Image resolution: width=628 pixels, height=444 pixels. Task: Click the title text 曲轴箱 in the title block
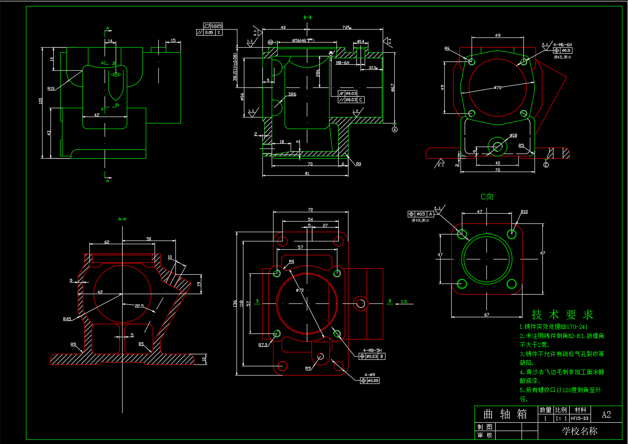(505, 414)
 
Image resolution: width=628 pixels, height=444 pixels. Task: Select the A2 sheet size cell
(606, 414)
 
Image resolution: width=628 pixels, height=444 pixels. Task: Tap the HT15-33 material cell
(579, 419)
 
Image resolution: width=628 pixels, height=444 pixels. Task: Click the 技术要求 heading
(562, 315)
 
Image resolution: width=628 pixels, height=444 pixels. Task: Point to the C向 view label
(487, 197)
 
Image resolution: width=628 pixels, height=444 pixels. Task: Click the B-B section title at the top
(307, 18)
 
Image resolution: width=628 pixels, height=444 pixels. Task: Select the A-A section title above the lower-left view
(122, 219)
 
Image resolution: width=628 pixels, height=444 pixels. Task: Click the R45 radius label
(67, 319)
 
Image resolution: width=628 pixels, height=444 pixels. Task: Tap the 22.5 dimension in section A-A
(139, 306)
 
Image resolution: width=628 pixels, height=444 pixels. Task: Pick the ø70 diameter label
(497, 87)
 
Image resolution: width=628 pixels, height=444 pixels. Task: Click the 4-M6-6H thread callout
(562, 45)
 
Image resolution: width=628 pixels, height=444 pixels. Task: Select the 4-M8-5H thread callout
(372, 351)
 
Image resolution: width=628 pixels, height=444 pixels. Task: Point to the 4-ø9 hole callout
(369, 375)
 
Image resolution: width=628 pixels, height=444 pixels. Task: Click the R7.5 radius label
(263, 345)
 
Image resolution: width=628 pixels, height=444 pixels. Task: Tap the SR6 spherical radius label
(292, 94)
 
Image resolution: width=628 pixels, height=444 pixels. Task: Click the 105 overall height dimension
(41, 100)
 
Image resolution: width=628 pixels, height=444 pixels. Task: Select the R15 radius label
(51, 88)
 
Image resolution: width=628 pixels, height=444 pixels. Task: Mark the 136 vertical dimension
(235, 303)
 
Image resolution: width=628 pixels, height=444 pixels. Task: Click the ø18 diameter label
(513, 136)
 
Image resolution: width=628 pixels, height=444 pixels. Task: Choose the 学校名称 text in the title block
(579, 431)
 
